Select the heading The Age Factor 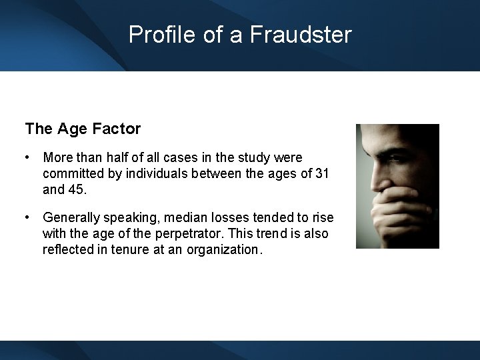tap(83, 129)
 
